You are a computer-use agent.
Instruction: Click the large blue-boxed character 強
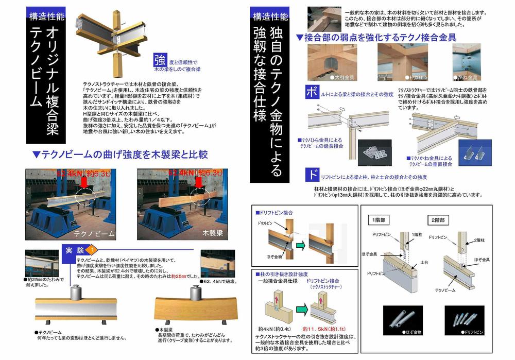(x=159, y=60)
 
